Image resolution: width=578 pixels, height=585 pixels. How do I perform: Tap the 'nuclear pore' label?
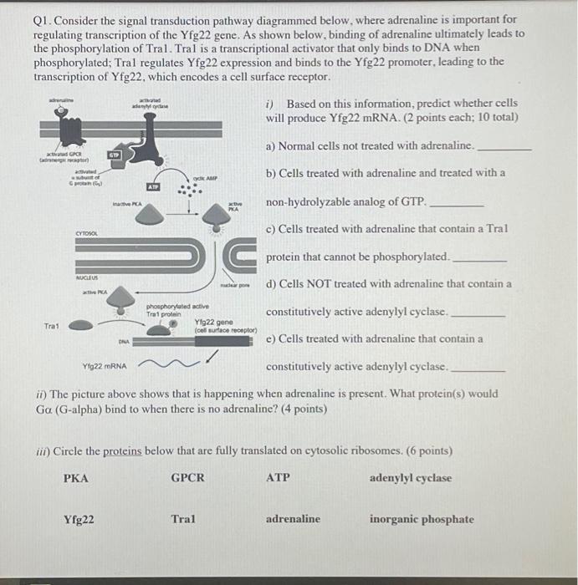tap(238, 285)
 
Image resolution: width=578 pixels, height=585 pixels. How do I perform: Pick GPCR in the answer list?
tap(187, 479)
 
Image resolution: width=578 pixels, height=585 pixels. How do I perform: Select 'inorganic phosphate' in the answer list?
tap(422, 519)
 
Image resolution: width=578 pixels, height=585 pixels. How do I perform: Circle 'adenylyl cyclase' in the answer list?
tap(410, 479)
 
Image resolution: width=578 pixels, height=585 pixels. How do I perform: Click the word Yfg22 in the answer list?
tap(79, 519)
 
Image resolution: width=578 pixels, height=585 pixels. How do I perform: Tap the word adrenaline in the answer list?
tap(293, 519)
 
